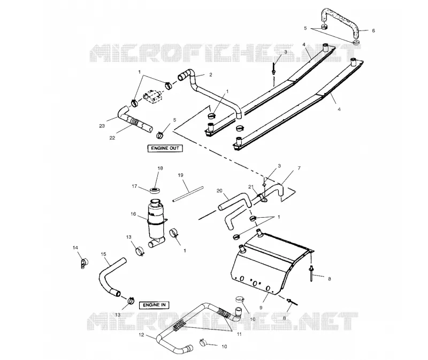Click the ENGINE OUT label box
[x=165, y=148]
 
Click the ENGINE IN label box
[x=154, y=305]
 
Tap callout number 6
[x=373, y=30]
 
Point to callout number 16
[x=133, y=214]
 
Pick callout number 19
[x=180, y=175]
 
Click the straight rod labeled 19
[x=188, y=194]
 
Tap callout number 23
[x=102, y=126]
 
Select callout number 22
[x=112, y=138]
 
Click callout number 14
[x=75, y=248]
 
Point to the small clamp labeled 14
[x=84, y=263]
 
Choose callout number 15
[x=103, y=254]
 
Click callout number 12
[x=141, y=335]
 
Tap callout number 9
[x=261, y=308]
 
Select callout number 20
[x=220, y=191]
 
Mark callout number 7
[x=299, y=168]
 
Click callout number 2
[x=210, y=74]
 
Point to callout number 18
[x=160, y=168]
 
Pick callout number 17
[x=134, y=186]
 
